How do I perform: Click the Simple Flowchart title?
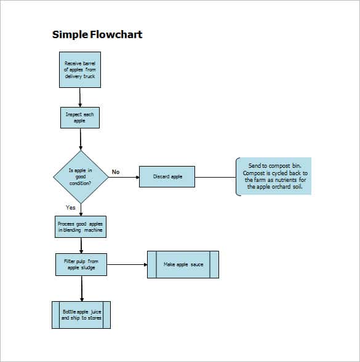click(x=97, y=34)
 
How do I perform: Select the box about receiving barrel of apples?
click(x=80, y=70)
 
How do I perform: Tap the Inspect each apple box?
click(x=80, y=118)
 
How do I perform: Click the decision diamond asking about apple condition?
click(x=80, y=177)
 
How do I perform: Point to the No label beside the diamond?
click(x=115, y=172)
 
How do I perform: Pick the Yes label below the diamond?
click(x=71, y=208)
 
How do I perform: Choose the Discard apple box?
click(x=167, y=177)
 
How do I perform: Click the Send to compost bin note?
click(x=274, y=176)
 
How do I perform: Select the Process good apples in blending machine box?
click(x=80, y=227)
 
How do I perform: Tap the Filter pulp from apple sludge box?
click(x=80, y=264)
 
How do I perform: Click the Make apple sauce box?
click(x=183, y=264)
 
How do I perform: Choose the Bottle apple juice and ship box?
click(x=81, y=315)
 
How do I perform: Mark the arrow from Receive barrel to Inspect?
click(x=80, y=98)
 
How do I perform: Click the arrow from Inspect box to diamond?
click(x=80, y=140)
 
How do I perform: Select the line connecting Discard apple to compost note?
click(x=215, y=177)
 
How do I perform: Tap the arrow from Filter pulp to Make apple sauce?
click(x=126, y=264)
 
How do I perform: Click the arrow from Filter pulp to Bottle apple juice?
click(x=81, y=289)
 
